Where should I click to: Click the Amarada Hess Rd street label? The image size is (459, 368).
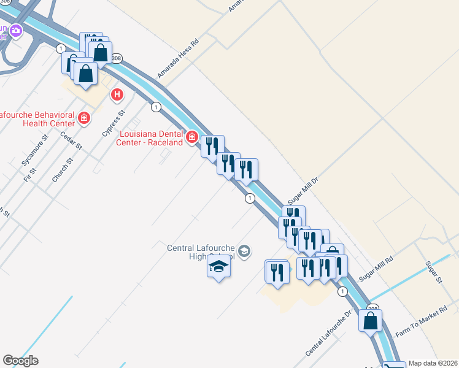point(179,59)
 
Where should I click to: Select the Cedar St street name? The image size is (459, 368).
point(71,138)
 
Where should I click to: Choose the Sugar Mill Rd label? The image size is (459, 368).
point(376,268)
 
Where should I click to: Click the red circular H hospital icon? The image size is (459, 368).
point(117,95)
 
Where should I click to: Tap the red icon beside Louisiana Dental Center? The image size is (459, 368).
point(192,137)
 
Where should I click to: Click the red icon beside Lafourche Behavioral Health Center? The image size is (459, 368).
point(83,118)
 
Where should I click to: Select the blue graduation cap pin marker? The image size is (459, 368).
point(218,267)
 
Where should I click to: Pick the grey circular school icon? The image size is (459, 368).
point(244,251)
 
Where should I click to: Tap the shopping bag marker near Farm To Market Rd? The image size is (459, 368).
point(371,320)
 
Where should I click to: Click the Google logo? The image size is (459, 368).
point(20,361)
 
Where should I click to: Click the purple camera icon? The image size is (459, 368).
point(15,30)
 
